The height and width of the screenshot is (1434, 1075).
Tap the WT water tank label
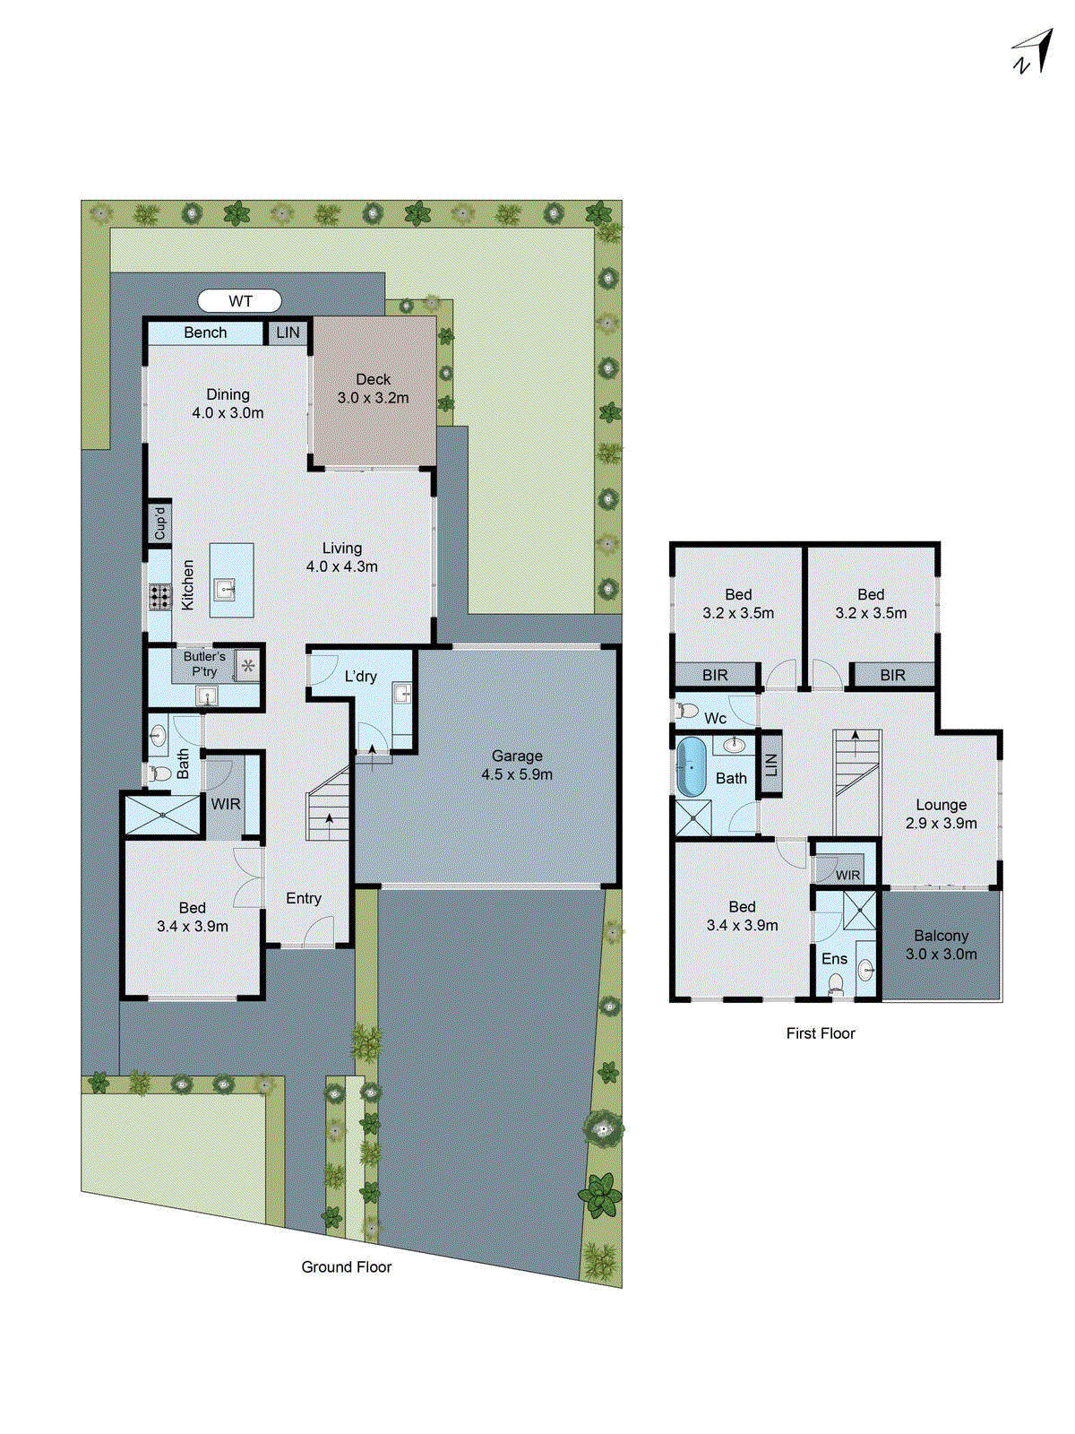pyautogui.click(x=240, y=301)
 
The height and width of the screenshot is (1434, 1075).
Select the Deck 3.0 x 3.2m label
pyautogui.click(x=373, y=389)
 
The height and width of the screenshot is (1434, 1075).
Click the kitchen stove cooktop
pyautogui.click(x=160, y=597)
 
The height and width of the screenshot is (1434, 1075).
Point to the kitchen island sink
pyautogui.click(x=224, y=589)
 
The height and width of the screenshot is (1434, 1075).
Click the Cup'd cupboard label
pyautogui.click(x=159, y=523)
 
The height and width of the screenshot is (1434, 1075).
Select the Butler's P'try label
pyautogui.click(x=204, y=664)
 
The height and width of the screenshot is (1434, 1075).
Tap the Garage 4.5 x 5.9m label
pyautogui.click(x=517, y=765)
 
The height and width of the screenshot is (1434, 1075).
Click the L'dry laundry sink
pyautogui.click(x=402, y=692)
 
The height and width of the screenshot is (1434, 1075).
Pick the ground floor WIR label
pyautogui.click(x=226, y=804)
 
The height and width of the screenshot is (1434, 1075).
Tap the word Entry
pyautogui.click(x=304, y=898)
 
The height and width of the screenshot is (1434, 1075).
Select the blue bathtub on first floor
pyautogui.click(x=691, y=767)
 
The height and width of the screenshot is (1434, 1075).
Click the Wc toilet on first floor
pyautogui.click(x=688, y=711)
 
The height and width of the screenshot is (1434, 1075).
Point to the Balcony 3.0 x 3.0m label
pyautogui.click(x=941, y=945)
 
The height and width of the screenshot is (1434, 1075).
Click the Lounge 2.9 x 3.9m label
pyautogui.click(x=941, y=814)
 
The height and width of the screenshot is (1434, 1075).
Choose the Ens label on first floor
pyautogui.click(x=834, y=959)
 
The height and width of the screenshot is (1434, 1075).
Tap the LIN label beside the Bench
pyautogui.click(x=288, y=333)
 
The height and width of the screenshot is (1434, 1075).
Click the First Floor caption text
pyautogui.click(x=821, y=1033)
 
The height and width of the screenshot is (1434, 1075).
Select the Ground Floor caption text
pyautogui.click(x=346, y=1267)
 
